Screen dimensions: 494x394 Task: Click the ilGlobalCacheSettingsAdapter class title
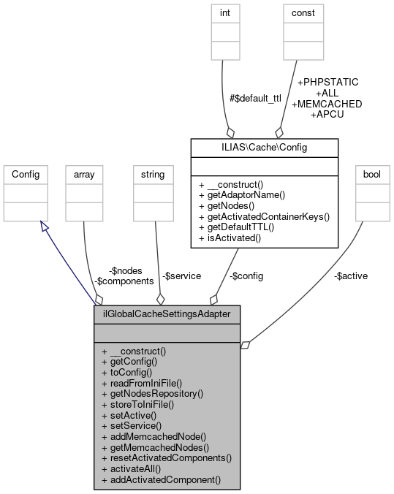pyautogui.click(x=167, y=315)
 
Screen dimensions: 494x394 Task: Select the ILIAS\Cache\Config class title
pyautogui.click(x=264, y=147)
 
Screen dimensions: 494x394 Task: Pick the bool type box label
pyautogui.click(x=373, y=175)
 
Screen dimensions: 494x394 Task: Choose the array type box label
pyautogui.click(x=84, y=175)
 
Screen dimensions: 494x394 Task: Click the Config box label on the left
pyautogui.click(x=26, y=175)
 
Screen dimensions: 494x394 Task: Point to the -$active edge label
pyautogui.click(x=350, y=275)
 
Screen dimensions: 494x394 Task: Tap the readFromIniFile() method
pyautogui.click(x=142, y=382)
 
